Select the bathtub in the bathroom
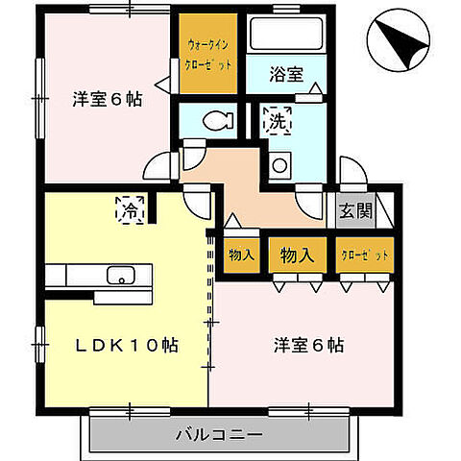coord(283,37)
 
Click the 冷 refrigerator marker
coord(128,207)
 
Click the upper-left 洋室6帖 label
coord(107,98)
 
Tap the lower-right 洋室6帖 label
coord(309,344)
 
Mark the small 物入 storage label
coord(241,255)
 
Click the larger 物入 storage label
coord(297,255)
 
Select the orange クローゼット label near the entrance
coord(364,256)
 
